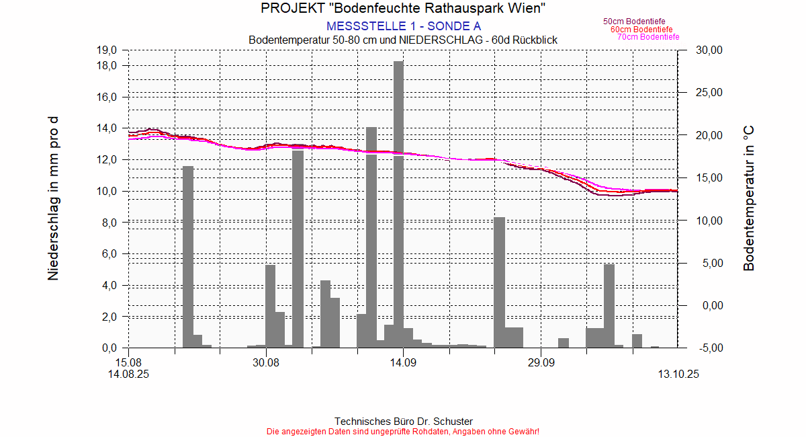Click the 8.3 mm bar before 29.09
[499, 282]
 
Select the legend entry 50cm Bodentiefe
[634, 22]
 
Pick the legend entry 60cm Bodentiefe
[641, 30]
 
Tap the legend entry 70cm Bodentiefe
[648, 37]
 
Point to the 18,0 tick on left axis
[108, 65]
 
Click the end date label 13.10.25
[678, 374]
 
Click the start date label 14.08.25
[128, 374]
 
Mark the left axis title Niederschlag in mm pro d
[54, 198]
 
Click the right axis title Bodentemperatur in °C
[749, 198]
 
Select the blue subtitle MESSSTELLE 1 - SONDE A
[403, 26]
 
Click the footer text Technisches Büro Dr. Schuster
[403, 422]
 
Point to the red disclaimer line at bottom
[403, 431]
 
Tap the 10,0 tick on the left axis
[108, 191]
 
